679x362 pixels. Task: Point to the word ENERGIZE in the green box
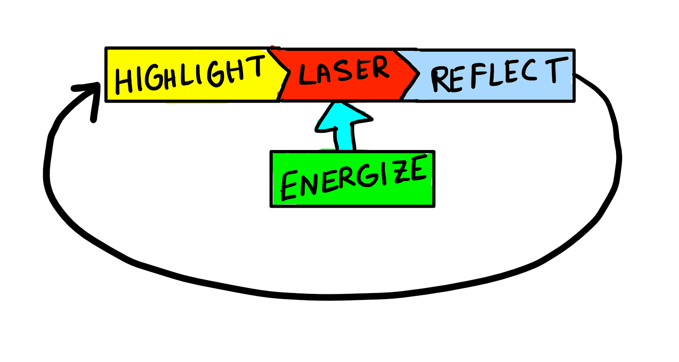pos(353,178)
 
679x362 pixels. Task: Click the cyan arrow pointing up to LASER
pos(344,125)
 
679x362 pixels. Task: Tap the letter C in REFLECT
pos(529,71)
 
